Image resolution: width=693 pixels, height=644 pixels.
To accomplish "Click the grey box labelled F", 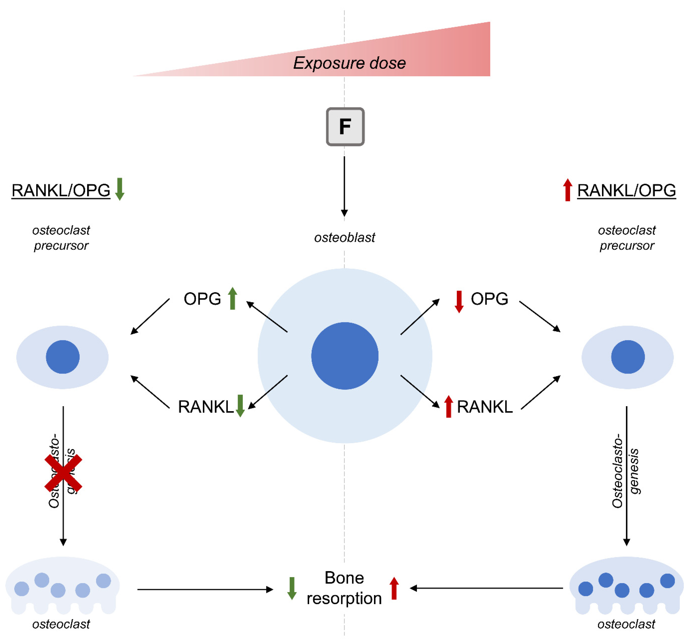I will coord(345,127).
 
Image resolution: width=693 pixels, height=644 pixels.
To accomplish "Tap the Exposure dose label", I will coord(349,63).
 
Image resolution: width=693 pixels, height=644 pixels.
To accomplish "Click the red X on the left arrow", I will coord(63,473).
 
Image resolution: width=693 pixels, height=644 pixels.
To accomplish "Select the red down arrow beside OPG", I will coord(459,301).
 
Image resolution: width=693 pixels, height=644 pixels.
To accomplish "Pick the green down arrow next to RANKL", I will coord(240,406).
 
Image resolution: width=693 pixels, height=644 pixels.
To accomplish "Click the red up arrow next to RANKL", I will coord(449,406).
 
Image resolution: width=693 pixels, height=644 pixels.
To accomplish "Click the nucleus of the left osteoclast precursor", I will coord(63,357).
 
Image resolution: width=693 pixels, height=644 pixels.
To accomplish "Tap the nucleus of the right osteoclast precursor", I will coord(628,357).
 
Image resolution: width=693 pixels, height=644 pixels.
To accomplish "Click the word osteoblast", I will coord(344,238).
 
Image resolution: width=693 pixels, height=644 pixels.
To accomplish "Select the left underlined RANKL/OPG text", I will coord(61,191).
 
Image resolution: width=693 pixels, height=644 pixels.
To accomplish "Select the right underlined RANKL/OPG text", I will coord(626,191).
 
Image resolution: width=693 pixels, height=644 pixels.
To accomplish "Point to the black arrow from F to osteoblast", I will coord(344,186).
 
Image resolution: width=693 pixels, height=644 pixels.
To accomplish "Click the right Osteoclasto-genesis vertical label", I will coord(625,471).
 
